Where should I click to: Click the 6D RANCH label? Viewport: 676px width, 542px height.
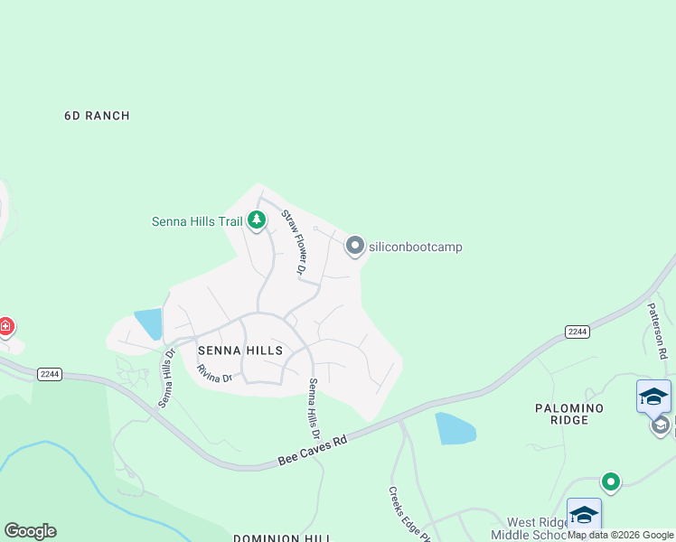point(97,116)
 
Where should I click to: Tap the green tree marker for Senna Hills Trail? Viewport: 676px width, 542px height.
point(257,220)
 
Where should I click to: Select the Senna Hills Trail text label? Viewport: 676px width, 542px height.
point(197,221)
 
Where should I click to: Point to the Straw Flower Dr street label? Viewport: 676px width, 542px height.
point(294,242)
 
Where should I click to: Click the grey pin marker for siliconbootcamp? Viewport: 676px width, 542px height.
point(355,246)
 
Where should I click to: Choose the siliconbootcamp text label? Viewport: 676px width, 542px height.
point(415,247)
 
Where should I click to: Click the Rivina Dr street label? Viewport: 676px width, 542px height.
point(215,373)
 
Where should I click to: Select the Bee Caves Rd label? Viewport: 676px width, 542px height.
point(314,447)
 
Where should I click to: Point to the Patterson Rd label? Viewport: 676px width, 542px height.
point(657,331)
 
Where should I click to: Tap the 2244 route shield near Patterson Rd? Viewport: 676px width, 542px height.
point(577,332)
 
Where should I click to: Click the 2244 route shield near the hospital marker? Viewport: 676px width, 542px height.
point(50,374)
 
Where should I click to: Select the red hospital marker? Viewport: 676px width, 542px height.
point(5,325)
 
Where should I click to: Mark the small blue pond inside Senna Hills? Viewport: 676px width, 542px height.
point(149,323)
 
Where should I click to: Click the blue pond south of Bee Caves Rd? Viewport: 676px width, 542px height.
point(455,428)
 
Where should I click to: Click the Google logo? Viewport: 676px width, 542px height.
point(30,531)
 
